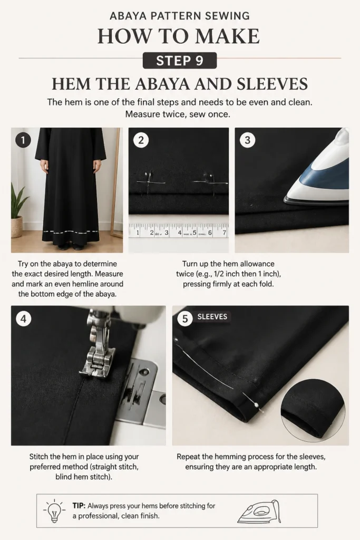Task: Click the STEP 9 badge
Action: coord(180,61)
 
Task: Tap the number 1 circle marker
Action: coord(23,140)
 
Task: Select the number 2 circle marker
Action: coord(141,140)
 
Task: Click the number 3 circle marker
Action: coord(247,140)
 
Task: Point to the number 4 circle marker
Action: coord(23,319)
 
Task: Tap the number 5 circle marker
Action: coord(185,319)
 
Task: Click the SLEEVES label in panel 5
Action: coord(212,316)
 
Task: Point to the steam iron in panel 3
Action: coord(317,169)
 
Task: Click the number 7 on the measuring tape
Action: coord(225,233)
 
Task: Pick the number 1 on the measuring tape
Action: coord(138,233)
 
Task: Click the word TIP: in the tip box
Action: coord(79,506)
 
